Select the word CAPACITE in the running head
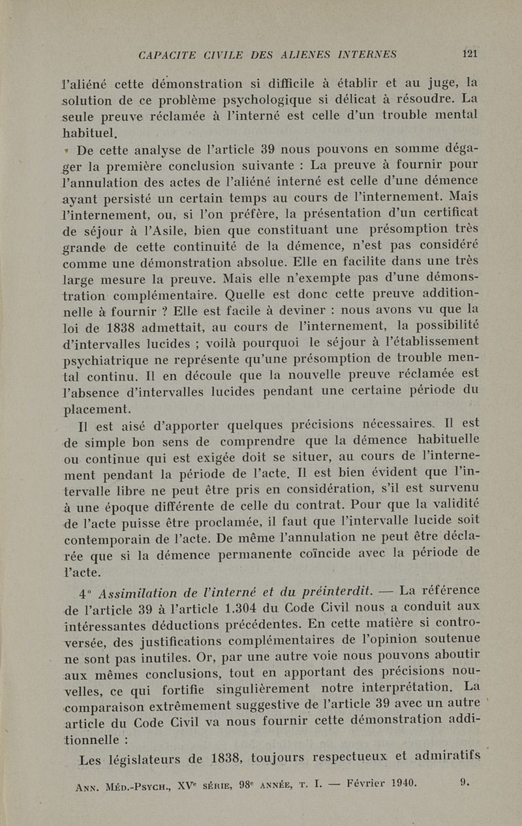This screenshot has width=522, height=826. click(x=167, y=55)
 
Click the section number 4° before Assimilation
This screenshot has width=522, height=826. click(x=84, y=594)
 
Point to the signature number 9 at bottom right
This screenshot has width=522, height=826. click(x=463, y=782)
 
